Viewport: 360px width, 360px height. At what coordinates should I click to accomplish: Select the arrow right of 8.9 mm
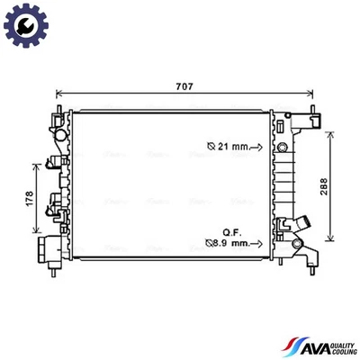point(256,242)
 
